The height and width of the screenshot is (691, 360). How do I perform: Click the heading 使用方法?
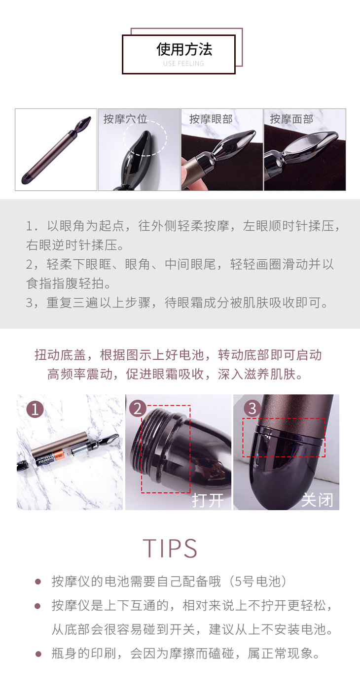pyautogui.click(x=184, y=49)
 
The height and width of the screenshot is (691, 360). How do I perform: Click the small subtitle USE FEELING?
pyautogui.click(x=184, y=64)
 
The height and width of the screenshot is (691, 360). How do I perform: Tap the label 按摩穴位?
pyautogui.click(x=125, y=119)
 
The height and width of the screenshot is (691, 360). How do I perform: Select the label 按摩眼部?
pyautogui.click(x=211, y=119)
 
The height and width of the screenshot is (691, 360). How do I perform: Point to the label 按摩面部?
pyautogui.click(x=291, y=119)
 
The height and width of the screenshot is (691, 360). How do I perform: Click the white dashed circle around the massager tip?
pyautogui.click(x=145, y=120)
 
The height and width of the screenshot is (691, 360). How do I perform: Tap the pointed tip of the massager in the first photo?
pyautogui.click(x=90, y=117)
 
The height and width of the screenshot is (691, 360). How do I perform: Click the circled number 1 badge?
pyautogui.click(x=35, y=410)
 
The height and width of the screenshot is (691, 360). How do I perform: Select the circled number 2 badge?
pyautogui.click(x=138, y=409)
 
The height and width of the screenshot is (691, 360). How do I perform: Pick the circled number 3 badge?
pyautogui.click(x=252, y=409)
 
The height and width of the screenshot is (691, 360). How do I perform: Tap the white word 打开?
pyautogui.click(x=208, y=500)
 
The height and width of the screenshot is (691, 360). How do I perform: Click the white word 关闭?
pyautogui.click(x=317, y=500)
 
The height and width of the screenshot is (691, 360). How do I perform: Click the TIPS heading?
pyautogui.click(x=170, y=548)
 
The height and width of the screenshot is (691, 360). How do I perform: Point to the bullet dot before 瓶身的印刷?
pyautogui.click(x=38, y=654)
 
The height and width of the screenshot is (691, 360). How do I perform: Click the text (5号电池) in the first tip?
pyautogui.click(x=258, y=582)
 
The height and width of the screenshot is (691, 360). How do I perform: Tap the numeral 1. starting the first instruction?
pyautogui.click(x=32, y=226)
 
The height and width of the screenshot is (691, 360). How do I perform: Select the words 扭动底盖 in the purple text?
pyautogui.click(x=60, y=355)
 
